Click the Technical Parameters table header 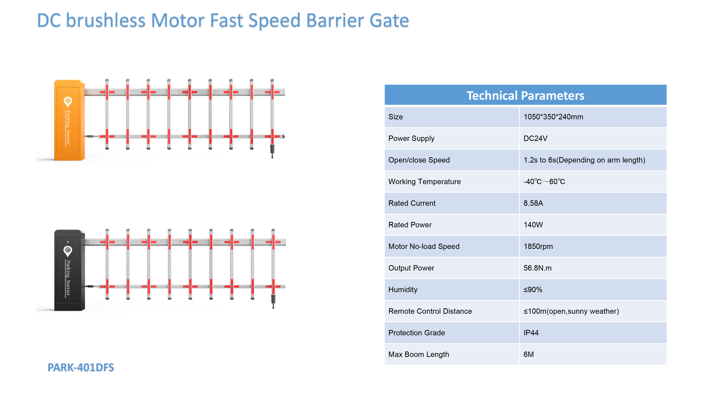coord(525,95)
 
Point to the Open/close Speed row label coord(419,160)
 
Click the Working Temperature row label coord(424,182)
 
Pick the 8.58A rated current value coord(533,203)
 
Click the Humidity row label coord(403,290)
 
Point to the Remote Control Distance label coord(430,311)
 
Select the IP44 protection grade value coord(531,333)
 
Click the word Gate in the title coord(389,20)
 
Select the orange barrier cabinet coord(69,120)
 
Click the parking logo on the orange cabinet coord(68,102)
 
